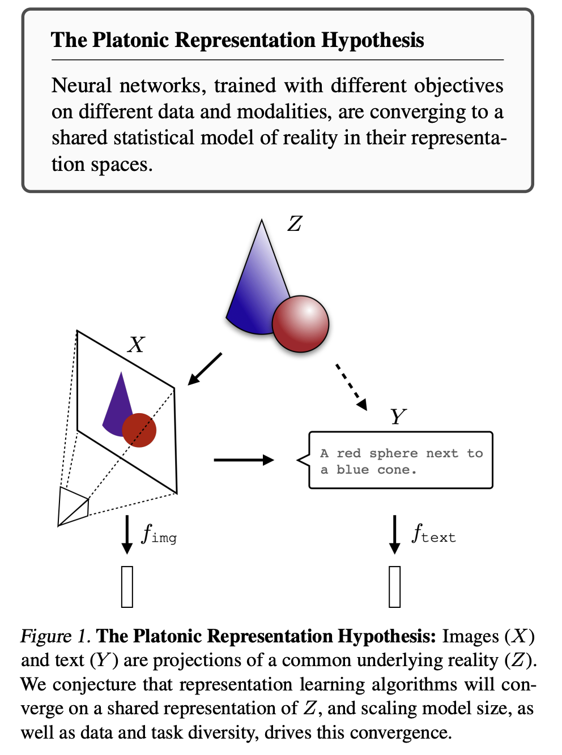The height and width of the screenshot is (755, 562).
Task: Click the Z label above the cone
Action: [295, 224]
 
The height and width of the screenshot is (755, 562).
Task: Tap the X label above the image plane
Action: [137, 345]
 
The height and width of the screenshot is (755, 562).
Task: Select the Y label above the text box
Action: [398, 416]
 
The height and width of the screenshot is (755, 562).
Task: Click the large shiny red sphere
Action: [300, 324]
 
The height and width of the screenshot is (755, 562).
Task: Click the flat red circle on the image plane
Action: [139, 430]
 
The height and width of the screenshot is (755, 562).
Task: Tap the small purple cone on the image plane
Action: [116, 409]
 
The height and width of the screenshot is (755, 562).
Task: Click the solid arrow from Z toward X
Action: [205, 369]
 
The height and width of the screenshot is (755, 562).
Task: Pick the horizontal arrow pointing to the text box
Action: [244, 460]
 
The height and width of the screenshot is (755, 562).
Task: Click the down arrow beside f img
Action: [127, 534]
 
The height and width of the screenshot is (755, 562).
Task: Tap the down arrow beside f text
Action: [395, 534]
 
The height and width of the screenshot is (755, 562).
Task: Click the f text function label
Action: [433, 533]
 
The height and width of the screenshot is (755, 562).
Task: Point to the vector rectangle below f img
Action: [127, 586]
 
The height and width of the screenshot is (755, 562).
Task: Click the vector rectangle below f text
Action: [395, 586]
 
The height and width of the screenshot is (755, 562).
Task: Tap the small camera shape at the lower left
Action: [73, 507]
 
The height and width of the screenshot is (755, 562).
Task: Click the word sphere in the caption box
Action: [394, 454]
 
